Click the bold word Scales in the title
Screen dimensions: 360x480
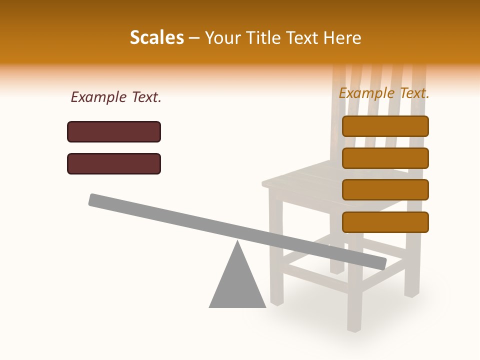click(156, 37)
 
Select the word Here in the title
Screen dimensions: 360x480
click(342, 38)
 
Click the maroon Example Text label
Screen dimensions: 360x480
click(116, 97)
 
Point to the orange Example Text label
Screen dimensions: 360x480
click(384, 93)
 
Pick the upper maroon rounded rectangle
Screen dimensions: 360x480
click(114, 131)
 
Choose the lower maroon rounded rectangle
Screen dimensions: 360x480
click(114, 163)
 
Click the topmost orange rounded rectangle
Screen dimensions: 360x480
click(385, 126)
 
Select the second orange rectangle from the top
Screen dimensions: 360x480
click(385, 158)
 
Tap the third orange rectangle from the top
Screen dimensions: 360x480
click(385, 189)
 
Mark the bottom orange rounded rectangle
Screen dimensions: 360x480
click(385, 222)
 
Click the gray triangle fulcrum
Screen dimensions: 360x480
click(237, 285)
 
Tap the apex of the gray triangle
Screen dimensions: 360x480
click(237, 242)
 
